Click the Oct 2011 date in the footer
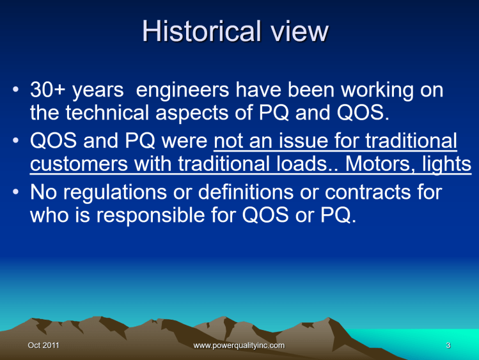[43, 346]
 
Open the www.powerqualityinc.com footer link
[239, 346]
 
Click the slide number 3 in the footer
[448, 346]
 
